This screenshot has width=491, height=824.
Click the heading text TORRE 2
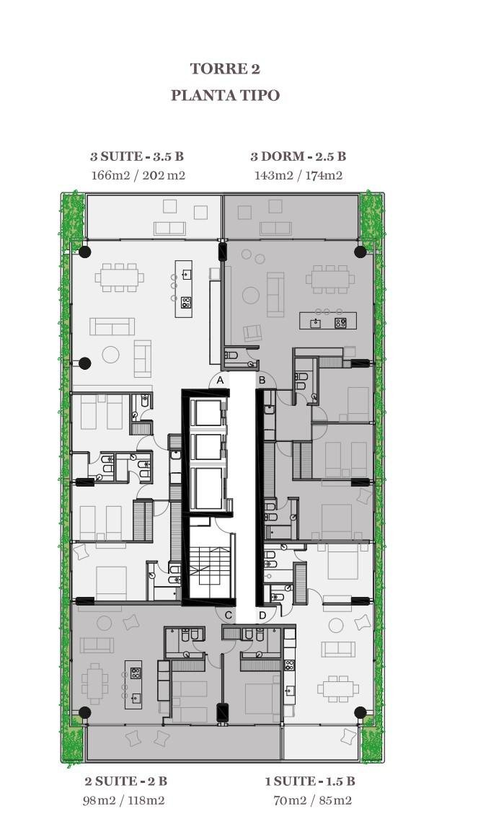225,68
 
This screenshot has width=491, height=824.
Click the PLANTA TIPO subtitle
225,96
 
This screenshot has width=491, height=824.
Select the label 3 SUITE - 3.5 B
137,156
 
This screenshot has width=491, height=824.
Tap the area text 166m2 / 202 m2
138,175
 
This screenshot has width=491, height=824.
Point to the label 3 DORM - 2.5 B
298,156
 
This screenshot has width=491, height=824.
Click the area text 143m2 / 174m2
298,175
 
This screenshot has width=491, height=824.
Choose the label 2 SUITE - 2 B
125,781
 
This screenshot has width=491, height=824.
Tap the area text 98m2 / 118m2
123,801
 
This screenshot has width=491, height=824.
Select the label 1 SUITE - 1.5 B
309,781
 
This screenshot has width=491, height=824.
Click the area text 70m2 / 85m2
312,801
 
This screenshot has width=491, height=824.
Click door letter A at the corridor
221,380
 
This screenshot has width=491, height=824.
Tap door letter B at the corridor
262,380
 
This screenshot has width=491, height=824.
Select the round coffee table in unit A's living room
110,355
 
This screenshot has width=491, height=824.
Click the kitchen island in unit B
328,321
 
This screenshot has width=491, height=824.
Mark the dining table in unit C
94,684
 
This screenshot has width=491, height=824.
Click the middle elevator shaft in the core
208,447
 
